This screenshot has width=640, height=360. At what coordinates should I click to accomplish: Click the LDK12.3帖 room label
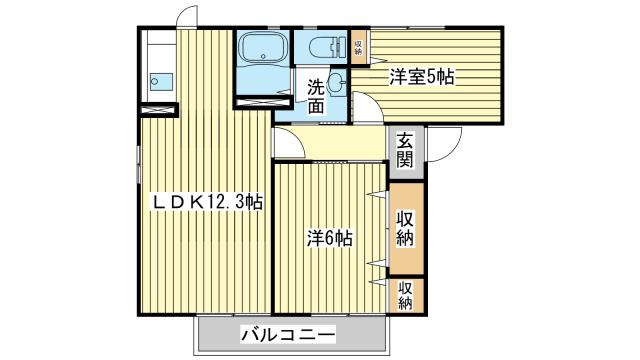pos(207,202)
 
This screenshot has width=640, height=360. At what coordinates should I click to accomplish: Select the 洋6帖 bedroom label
pos(329,238)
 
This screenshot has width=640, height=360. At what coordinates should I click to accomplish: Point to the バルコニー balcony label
pos(288,336)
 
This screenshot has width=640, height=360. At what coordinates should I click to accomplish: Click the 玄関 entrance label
pos(406,151)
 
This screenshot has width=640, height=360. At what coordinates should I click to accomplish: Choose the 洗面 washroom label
pos(316,96)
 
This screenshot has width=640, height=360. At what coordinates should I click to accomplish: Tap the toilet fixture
pos(322,48)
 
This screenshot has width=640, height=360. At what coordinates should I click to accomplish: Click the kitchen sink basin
pos(161,82)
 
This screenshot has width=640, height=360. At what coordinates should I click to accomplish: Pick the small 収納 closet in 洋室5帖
pos(359,47)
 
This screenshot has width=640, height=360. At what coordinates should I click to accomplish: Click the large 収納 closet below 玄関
pos(406,229)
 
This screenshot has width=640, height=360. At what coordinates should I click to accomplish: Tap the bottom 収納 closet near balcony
pos(406,296)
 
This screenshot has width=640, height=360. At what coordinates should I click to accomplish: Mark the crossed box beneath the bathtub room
pos(262,102)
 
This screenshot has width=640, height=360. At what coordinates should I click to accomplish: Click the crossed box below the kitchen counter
pos(157,110)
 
